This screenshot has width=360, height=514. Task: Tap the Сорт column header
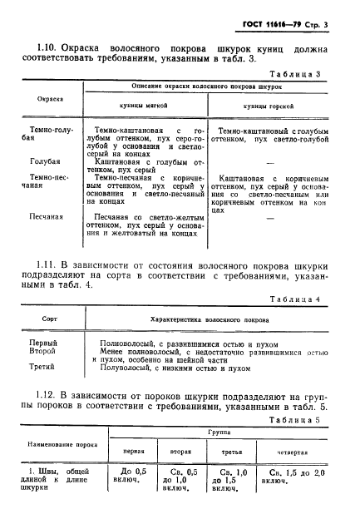pos(51,318)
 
